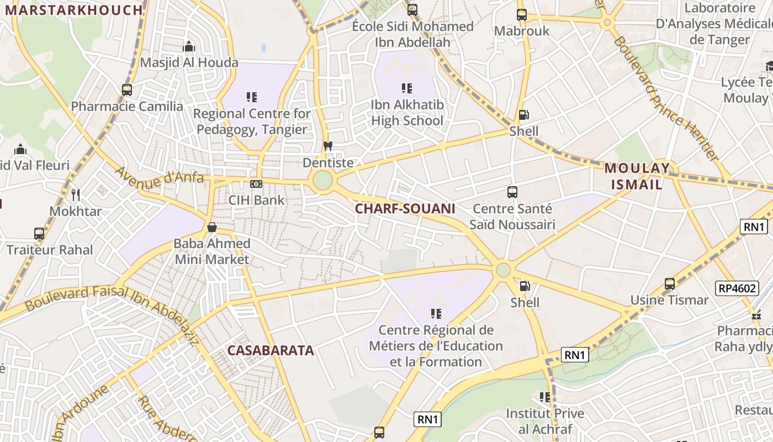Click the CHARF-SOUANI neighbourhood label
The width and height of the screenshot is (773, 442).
point(405,208)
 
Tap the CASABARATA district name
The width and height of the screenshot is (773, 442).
point(271,350)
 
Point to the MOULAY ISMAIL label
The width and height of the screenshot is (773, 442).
point(637,176)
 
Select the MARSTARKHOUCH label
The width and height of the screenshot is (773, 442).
point(73,10)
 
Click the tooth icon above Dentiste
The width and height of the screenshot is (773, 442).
point(327,147)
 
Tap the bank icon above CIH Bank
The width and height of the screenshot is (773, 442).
point(256,184)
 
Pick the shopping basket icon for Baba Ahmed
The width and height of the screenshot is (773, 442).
point(211,227)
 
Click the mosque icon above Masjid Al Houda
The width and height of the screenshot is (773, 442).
point(189,46)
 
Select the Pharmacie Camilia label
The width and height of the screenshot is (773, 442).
point(127,106)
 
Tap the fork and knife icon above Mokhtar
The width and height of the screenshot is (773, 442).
point(76,194)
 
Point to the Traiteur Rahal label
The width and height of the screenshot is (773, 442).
point(50,250)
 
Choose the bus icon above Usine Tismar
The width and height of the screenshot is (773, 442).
point(670,284)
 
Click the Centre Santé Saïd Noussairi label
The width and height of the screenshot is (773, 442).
point(512,217)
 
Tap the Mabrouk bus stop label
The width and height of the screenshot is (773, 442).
point(522,31)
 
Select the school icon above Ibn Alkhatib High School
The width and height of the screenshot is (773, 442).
point(407,88)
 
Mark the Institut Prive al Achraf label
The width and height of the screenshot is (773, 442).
point(545,421)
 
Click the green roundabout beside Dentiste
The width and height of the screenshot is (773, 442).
point(322,180)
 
